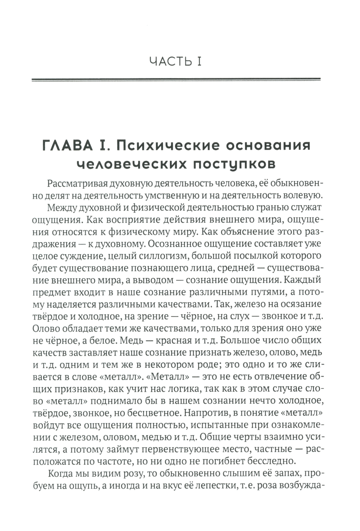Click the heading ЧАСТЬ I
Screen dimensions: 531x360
[x=176, y=62]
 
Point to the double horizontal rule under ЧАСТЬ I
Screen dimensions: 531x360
[x=176, y=80]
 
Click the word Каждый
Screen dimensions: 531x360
[x=306, y=280]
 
